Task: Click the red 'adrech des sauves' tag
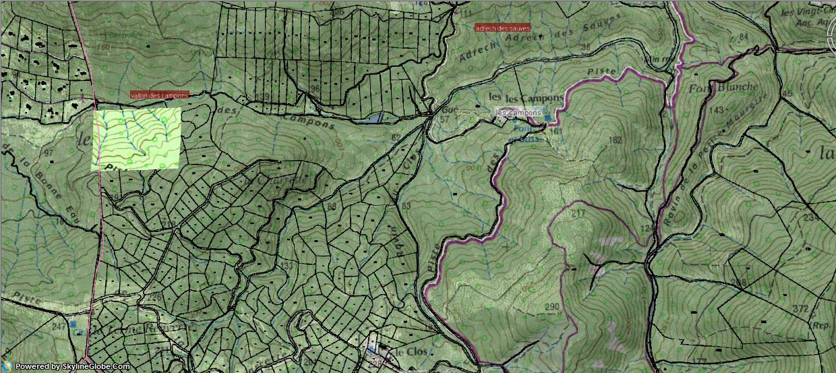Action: coord(502,28)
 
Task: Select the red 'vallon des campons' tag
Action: coord(159,96)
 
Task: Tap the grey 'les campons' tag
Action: coord(518,113)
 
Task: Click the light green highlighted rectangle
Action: coord(137,138)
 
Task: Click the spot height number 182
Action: coord(614,140)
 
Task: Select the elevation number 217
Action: coord(578,214)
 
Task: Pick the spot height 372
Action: coord(800,309)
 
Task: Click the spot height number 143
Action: coord(717,110)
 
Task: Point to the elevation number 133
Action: coord(287,266)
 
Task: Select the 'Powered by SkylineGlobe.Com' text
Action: coord(72,366)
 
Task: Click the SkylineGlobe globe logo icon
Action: coord(7,366)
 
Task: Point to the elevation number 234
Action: coord(810,218)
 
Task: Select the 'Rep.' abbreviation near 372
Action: coord(820,324)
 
